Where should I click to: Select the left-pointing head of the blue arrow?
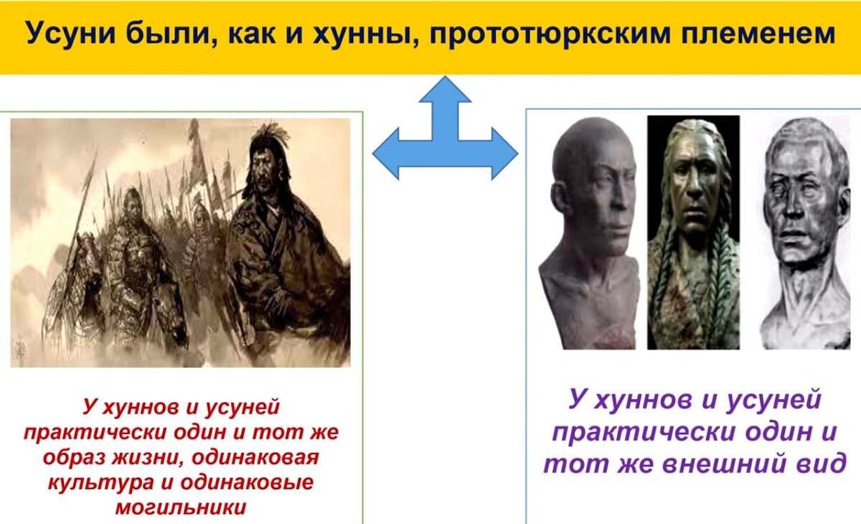point(385,154)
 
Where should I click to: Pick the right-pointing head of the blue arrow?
point(505,154)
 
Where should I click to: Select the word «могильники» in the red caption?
point(181,507)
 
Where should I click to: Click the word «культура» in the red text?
point(100,482)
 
